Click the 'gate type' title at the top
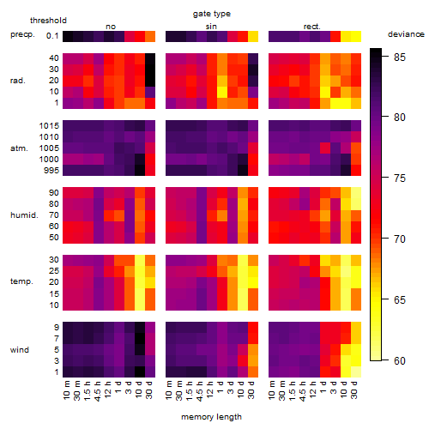click(x=212, y=14)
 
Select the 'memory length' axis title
click(x=211, y=417)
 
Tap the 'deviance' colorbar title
click(x=406, y=34)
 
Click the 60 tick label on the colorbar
click(x=400, y=361)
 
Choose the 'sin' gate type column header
click(x=211, y=27)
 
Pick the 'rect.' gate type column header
click(x=311, y=27)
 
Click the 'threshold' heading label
click(x=48, y=21)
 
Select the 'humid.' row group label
click(x=24, y=215)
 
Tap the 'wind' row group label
click(x=20, y=350)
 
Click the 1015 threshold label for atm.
click(x=49, y=126)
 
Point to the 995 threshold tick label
click(x=51, y=171)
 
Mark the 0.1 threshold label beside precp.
click(x=52, y=36)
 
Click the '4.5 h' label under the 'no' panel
click(x=98, y=390)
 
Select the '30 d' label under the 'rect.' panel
click(x=354, y=390)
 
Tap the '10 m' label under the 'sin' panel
click(x=169, y=390)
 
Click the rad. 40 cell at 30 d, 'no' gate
click(x=150, y=58)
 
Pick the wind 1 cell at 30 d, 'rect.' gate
click(x=356, y=372)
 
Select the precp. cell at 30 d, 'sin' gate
click(x=253, y=36)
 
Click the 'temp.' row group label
click(x=21, y=281)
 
